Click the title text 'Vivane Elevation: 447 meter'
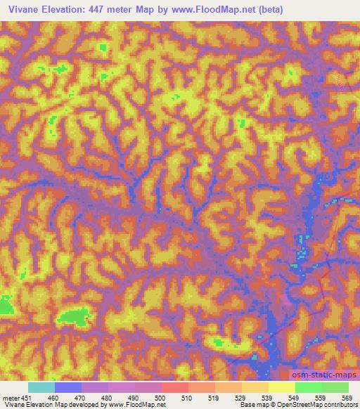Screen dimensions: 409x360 (74, 9)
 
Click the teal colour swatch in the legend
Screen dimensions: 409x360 (42, 387)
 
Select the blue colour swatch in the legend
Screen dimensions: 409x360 (69, 387)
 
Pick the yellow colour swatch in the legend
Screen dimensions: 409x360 (282, 387)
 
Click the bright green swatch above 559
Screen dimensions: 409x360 (309, 387)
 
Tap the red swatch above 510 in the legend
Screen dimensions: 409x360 (175, 387)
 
